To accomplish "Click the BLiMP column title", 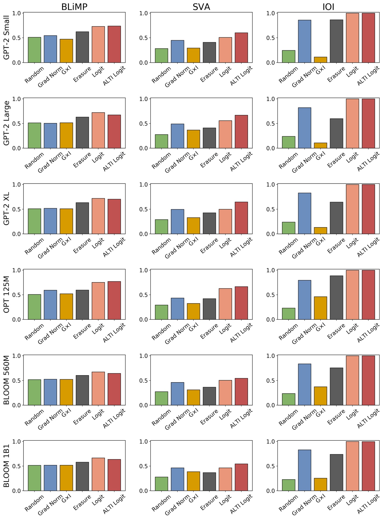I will tap(74, 6).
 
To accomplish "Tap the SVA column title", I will tap(201, 6).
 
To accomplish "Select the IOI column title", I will tap(328, 6).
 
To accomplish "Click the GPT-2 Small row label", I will tap(6, 37).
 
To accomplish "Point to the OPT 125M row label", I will tap(6, 294).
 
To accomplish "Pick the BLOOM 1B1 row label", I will tap(6, 466).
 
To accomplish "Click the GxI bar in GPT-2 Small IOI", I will tap(320, 60).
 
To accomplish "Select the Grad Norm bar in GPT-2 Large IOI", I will tap(304, 128).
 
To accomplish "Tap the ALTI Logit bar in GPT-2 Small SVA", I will tap(241, 48).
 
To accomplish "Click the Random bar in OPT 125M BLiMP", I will tap(35, 307).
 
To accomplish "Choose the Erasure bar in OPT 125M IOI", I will tap(336, 298).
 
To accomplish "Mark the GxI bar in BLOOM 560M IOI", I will tap(320, 396).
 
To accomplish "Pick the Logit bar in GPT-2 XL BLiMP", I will tap(98, 216).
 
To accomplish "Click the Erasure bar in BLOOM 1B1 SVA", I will tap(209, 482).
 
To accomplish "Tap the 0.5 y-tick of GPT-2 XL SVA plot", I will tap(143, 209).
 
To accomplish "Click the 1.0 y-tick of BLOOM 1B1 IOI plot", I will tap(270, 442).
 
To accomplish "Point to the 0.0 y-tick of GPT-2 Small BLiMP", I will tap(16, 63).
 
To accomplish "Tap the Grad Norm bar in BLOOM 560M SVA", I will tap(177, 394).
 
